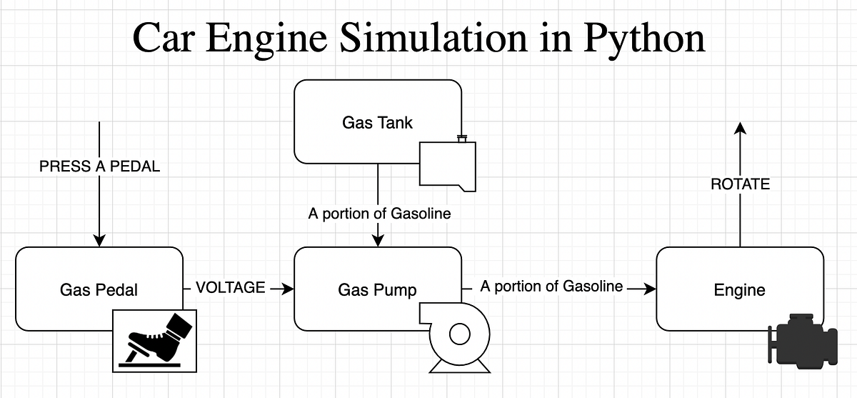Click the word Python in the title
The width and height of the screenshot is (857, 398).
644,39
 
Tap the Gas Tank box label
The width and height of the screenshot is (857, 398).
377,122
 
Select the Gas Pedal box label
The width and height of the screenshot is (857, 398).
99,289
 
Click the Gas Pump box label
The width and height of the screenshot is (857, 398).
377,289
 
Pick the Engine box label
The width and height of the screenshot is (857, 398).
739,289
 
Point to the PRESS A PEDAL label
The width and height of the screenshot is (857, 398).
99,166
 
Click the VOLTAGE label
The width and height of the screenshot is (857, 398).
230,288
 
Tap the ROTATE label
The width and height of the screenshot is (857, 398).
740,184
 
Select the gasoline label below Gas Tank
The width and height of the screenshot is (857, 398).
379,213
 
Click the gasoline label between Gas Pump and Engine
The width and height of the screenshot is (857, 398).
551,287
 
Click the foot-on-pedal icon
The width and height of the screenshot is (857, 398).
156,341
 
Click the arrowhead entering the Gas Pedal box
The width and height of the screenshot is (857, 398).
99,240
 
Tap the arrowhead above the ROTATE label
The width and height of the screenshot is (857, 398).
740,129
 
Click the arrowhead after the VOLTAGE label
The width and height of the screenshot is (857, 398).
287,289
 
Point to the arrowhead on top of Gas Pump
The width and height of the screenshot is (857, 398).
377,240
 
